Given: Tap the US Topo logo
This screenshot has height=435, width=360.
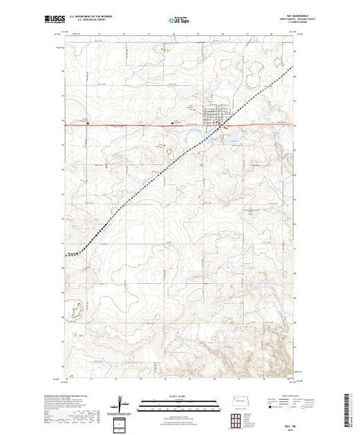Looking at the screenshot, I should click(180, 21).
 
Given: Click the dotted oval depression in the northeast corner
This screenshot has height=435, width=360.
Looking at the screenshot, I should click(254, 72).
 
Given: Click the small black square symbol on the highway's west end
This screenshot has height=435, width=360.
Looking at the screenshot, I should click(88, 124).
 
